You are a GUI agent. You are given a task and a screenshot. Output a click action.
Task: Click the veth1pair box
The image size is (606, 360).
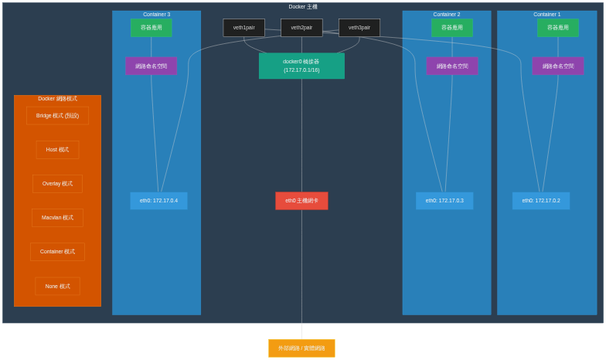click(243, 28)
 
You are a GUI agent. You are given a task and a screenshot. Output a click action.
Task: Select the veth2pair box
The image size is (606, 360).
click(301, 28)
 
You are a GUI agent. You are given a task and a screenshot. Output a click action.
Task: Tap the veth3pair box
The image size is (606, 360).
click(359, 28)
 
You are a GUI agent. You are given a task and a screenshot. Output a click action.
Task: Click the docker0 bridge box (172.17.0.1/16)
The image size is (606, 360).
click(301, 66)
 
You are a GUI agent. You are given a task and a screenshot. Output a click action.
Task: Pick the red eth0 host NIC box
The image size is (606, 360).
click(301, 201)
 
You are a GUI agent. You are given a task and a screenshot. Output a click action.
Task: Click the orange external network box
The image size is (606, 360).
click(301, 348)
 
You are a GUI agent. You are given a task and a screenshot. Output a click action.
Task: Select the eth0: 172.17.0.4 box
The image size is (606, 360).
click(158, 201)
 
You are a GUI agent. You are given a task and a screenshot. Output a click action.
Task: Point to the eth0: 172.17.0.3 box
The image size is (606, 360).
click(444, 201)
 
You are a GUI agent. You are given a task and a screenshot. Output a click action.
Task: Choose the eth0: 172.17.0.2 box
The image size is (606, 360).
click(541, 201)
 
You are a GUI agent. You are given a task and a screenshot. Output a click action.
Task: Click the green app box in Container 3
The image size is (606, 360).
click(151, 28)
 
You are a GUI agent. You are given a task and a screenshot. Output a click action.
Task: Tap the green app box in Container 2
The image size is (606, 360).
click(452, 28)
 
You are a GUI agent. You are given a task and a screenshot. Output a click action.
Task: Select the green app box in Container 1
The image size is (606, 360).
click(558, 28)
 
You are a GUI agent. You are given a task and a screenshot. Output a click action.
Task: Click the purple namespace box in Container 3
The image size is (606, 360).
click(151, 66)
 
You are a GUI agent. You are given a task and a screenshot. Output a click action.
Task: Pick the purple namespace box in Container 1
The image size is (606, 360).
click(558, 66)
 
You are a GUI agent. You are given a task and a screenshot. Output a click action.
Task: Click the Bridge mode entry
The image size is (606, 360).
click(57, 116)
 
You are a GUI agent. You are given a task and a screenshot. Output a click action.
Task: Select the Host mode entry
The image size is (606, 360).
click(57, 150)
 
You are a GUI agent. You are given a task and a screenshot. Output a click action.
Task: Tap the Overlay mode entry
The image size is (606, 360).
click(57, 184)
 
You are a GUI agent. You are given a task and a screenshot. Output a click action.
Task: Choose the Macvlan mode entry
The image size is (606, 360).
click(57, 218)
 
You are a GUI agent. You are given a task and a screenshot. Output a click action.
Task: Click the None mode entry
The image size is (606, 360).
click(57, 286)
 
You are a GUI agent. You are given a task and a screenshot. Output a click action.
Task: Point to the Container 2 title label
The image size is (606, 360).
click(447, 15)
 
